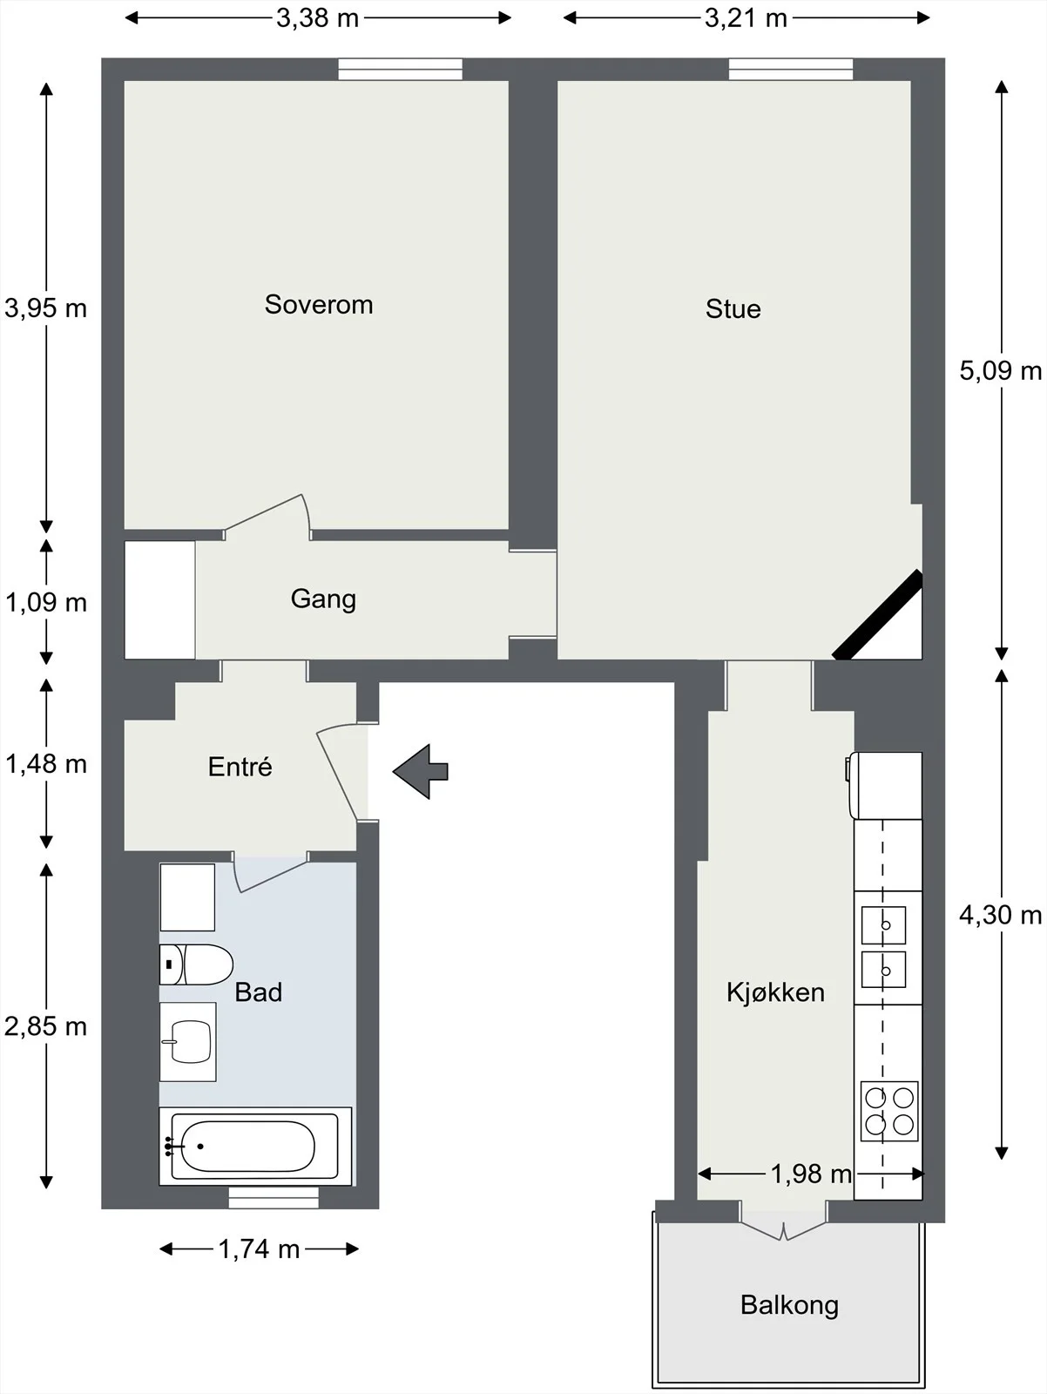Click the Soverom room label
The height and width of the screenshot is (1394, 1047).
click(x=319, y=305)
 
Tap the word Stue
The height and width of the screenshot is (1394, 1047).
click(x=733, y=309)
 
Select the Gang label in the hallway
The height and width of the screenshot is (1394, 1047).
click(x=323, y=599)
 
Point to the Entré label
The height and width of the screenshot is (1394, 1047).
click(x=240, y=767)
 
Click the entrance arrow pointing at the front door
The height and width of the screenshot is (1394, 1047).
click(x=421, y=771)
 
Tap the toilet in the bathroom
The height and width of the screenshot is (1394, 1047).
click(x=196, y=964)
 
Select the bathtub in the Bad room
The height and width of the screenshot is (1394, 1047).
click(x=255, y=1147)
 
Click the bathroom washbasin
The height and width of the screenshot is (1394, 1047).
click(x=188, y=1041)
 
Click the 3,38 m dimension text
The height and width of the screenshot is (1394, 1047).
click(x=317, y=18)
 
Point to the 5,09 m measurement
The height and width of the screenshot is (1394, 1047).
click(x=1001, y=371)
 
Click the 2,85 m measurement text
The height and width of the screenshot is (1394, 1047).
click(x=45, y=1026)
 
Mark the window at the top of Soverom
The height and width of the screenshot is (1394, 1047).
click(x=400, y=69)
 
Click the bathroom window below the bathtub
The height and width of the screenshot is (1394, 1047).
click(x=274, y=1198)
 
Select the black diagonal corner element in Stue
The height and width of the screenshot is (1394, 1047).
click(x=877, y=614)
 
